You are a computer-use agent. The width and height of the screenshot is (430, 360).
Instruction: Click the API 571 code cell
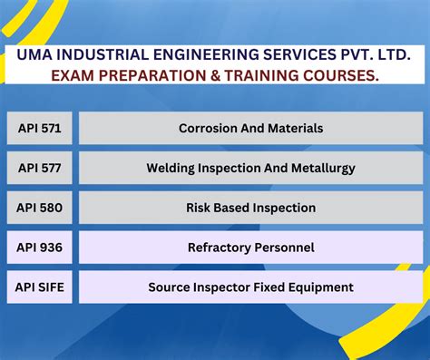coord(39,128)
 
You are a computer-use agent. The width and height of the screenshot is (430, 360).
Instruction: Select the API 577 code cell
coord(39,168)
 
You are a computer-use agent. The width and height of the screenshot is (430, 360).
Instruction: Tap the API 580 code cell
coord(39,208)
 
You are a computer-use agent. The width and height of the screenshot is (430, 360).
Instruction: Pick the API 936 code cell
coord(39,247)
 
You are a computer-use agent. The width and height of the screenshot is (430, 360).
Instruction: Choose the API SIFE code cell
coord(39,287)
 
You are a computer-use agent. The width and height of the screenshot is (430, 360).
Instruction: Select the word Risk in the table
coord(200,208)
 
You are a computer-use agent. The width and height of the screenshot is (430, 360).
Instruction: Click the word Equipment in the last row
coord(318,287)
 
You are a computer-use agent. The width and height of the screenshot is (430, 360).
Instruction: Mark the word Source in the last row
coord(169,287)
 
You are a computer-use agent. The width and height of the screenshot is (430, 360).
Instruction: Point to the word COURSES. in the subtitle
coord(347,76)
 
